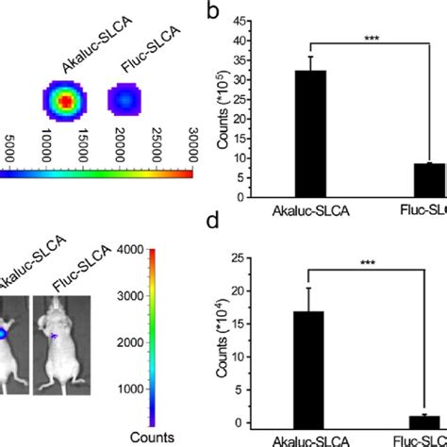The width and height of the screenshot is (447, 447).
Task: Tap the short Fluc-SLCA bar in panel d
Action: pyautogui.click(x=429, y=421)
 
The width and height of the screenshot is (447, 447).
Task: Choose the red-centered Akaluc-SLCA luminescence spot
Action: pyautogui.click(x=64, y=99)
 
